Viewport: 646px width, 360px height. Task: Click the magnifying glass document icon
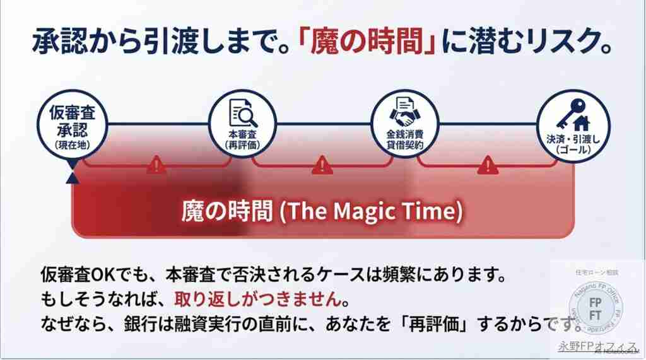click(x=243, y=113)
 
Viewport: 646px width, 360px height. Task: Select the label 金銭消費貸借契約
click(x=404, y=139)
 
